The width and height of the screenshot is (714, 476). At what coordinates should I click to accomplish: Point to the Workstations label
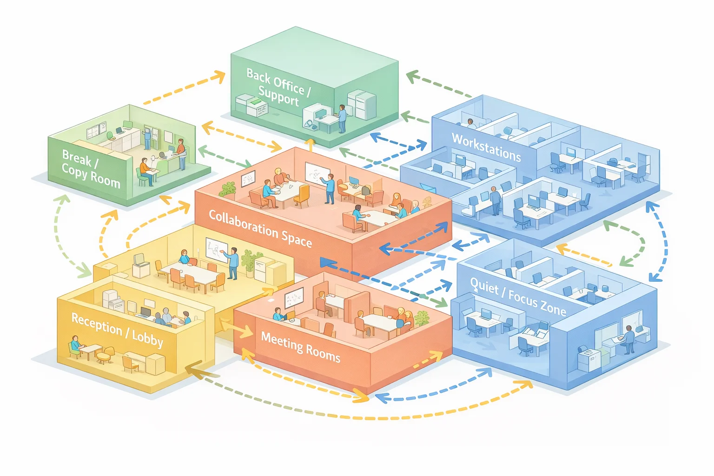click(x=486, y=147)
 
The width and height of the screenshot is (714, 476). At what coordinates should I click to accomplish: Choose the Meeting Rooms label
click(x=301, y=347)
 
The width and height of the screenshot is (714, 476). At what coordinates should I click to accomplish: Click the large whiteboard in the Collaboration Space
click(x=317, y=174)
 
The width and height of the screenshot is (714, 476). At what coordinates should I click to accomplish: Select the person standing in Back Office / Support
click(x=342, y=119)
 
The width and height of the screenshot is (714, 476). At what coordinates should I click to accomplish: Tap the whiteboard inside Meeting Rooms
click(x=294, y=298)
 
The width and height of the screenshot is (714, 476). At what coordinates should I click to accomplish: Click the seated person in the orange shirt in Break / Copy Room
click(x=146, y=171)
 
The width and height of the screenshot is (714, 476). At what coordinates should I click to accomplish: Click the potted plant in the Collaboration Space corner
click(x=227, y=189)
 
